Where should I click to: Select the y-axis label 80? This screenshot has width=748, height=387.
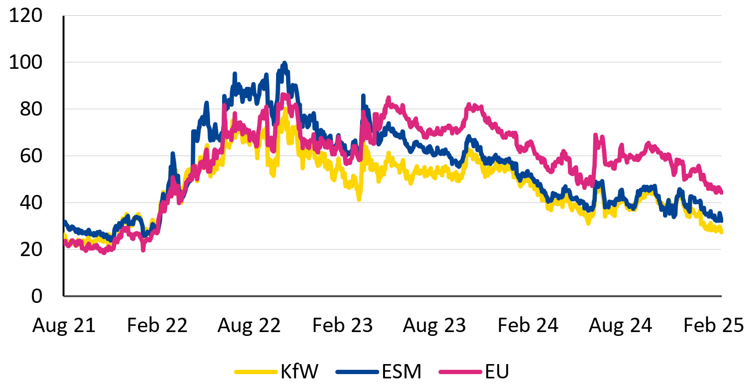(x=32, y=109)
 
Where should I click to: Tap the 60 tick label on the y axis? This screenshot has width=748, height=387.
(x=32, y=156)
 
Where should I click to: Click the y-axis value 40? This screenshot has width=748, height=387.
(x=32, y=203)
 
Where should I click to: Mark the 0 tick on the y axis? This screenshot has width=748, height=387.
(x=37, y=296)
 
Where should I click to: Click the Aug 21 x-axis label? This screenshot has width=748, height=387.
(x=64, y=325)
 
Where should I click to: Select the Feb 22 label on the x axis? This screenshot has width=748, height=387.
(x=157, y=325)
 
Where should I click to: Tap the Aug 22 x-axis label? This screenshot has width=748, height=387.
(x=249, y=325)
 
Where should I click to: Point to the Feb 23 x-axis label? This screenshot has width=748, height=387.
(x=342, y=325)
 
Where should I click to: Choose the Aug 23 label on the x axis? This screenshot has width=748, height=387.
(x=435, y=325)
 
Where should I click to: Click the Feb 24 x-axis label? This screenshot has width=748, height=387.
(x=528, y=325)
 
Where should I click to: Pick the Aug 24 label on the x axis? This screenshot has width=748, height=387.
(x=620, y=325)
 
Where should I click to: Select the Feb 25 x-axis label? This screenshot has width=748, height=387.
(x=714, y=325)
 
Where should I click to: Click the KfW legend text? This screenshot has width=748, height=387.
(x=299, y=371)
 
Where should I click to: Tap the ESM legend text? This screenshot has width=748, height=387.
(x=402, y=371)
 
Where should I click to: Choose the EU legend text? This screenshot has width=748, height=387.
(x=497, y=371)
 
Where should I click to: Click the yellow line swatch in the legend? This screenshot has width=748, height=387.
(x=256, y=371)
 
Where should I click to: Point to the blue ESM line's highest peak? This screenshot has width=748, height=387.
(x=285, y=63)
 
